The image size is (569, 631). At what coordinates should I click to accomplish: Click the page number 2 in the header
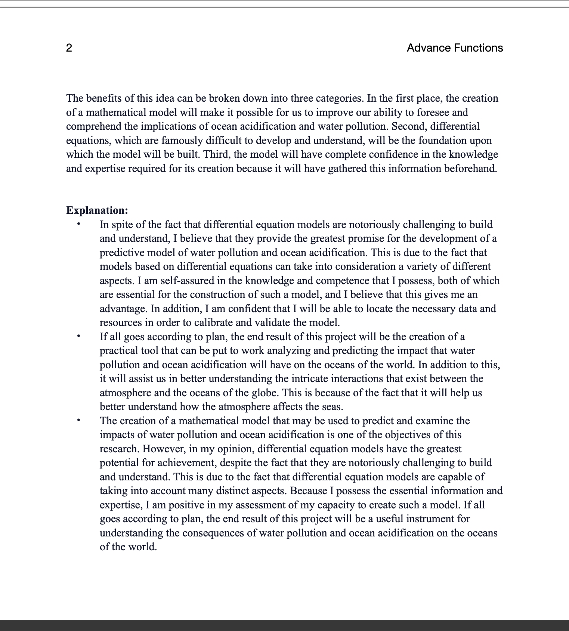coord(69,48)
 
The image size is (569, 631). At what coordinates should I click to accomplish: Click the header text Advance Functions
coord(455,48)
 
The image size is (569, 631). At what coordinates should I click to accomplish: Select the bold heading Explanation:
coord(97,210)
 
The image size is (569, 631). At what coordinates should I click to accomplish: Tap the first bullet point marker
coord(78,224)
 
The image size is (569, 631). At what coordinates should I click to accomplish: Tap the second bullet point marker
coord(78,336)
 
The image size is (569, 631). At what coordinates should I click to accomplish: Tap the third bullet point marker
coord(78,420)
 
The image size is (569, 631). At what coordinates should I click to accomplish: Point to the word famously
coord(178,141)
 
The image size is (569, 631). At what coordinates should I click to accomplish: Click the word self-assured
coord(187,281)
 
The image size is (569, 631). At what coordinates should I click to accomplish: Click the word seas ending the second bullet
coord(331,407)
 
